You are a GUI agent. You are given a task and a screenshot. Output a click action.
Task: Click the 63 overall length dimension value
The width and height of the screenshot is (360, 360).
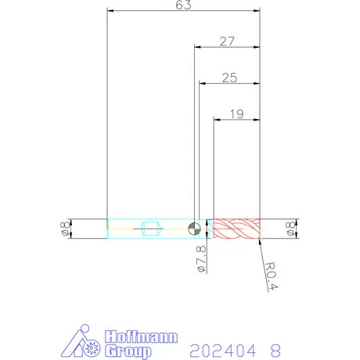pyautogui.click(x=183, y=5)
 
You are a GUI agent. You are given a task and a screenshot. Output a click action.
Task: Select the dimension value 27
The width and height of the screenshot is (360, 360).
pyautogui.click(x=227, y=41)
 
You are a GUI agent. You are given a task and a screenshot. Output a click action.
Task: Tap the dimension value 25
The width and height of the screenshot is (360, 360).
pyautogui.click(x=229, y=77)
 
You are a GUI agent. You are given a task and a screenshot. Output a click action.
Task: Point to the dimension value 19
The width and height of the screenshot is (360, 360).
pyautogui.click(x=237, y=113)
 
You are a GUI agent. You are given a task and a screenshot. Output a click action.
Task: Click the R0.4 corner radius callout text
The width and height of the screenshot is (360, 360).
pyautogui.click(x=272, y=276)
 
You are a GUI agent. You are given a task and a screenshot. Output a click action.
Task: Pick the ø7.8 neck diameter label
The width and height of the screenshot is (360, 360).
pyautogui.click(x=201, y=259)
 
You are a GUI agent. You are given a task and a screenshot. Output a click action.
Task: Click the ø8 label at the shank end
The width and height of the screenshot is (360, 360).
pyautogui.click(x=65, y=229)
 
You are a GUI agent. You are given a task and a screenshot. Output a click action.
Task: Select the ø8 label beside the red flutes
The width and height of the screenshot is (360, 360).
pyautogui.click(x=290, y=229)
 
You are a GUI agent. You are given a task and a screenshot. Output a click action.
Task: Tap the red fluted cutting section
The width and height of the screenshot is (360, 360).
pyautogui.click(x=236, y=229)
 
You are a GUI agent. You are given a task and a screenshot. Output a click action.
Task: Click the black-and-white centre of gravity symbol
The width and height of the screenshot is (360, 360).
pyautogui.click(x=194, y=229)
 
